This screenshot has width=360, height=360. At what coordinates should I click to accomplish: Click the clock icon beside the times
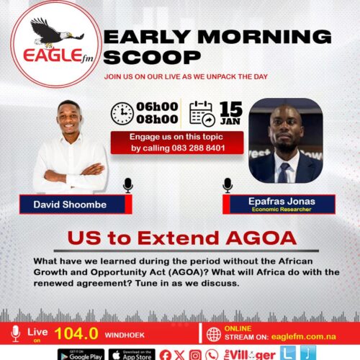pos(122,114)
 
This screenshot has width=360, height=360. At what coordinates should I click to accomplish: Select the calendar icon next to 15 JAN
pos(202,114)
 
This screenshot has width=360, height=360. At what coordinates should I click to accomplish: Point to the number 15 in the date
pos(230,108)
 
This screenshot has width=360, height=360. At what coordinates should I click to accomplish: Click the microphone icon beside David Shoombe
pos(128,186)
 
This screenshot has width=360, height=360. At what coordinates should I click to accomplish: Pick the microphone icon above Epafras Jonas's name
pos(228,186)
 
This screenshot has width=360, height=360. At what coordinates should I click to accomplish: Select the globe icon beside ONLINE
pos(213,334)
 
